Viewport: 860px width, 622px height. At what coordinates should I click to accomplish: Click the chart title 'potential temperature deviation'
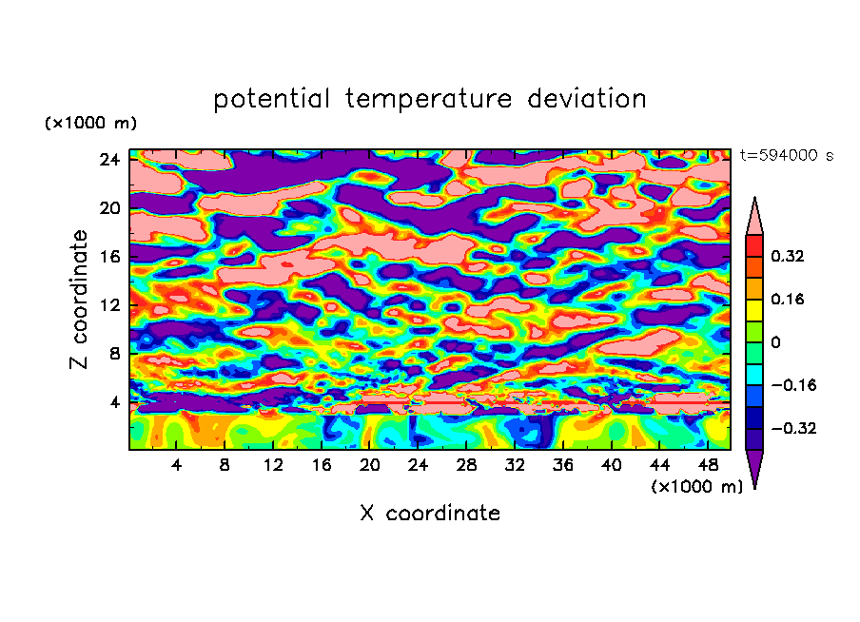click(x=430, y=99)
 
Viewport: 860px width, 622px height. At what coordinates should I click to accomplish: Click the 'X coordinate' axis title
click(x=430, y=514)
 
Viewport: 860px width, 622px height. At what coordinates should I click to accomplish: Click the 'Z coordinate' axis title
click(x=80, y=300)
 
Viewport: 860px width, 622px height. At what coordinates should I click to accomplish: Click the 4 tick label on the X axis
click(x=177, y=465)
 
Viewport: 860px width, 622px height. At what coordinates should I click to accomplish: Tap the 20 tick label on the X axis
click(x=370, y=465)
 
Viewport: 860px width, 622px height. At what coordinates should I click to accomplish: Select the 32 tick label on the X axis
click(x=515, y=465)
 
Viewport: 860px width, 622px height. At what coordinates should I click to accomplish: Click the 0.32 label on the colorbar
click(x=789, y=256)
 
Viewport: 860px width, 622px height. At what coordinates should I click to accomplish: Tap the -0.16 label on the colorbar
click(x=792, y=385)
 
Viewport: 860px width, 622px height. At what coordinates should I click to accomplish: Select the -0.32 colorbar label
click(x=792, y=428)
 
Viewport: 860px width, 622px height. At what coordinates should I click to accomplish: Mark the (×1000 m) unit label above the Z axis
click(x=91, y=124)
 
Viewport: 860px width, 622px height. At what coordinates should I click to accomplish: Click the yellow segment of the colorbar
click(x=754, y=310)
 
